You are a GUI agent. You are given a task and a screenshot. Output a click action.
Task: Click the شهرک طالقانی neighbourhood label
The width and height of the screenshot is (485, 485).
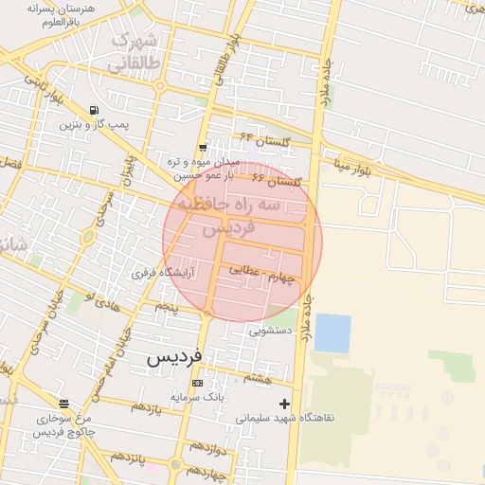pyautogui.click(x=133, y=54)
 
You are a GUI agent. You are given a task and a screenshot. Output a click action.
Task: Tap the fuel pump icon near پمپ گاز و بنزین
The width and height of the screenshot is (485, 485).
pyautogui.click(x=94, y=110)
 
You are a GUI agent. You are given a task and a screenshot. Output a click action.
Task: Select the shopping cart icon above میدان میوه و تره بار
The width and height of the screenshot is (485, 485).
pyautogui.click(x=203, y=147)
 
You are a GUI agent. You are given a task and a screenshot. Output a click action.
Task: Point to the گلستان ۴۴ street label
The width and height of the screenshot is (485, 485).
pyautogui.click(x=262, y=141)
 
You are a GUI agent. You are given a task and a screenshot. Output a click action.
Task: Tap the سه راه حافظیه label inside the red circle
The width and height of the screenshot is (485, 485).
pyautogui.click(x=243, y=204)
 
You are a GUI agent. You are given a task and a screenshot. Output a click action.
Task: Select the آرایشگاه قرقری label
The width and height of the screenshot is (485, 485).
pyautogui.click(x=163, y=272)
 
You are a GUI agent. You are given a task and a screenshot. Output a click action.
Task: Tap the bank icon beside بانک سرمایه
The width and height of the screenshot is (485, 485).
pyautogui.click(x=197, y=383)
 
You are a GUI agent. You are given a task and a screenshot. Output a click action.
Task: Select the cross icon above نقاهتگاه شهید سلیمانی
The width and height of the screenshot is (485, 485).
pyautogui.click(x=284, y=404)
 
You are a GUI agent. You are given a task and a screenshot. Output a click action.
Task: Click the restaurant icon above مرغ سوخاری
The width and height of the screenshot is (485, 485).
pyautogui.click(x=63, y=404)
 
